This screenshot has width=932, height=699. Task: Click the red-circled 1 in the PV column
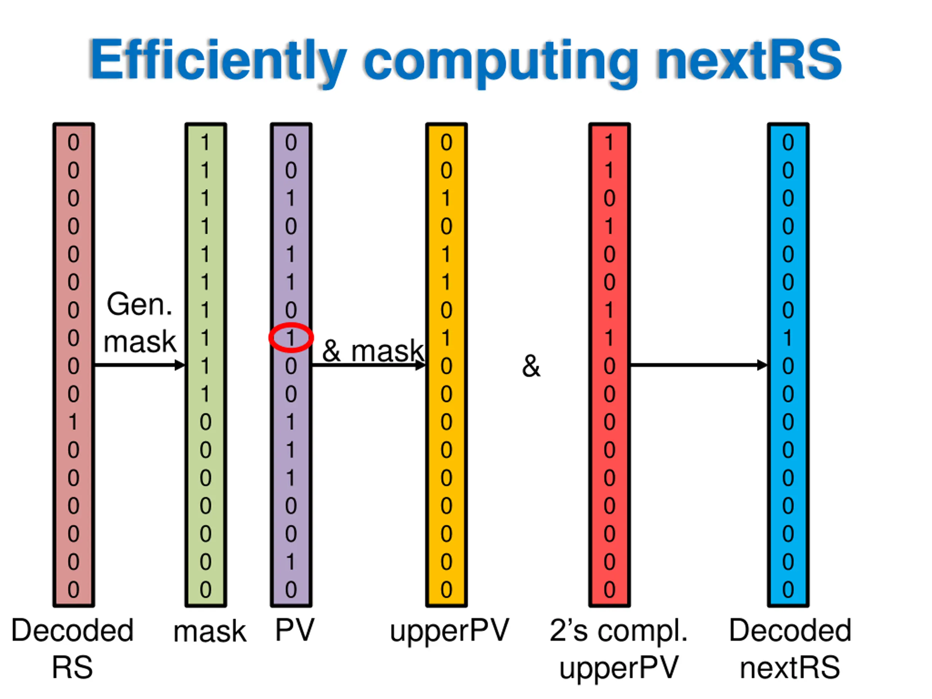tap(291, 337)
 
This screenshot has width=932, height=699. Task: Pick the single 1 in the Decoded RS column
tap(73, 422)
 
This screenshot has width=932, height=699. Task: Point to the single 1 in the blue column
tap(787, 337)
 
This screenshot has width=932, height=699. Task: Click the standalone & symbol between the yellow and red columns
tap(531, 366)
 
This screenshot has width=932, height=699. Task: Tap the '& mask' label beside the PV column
tap(372, 350)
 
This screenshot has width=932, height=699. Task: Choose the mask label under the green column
tap(209, 632)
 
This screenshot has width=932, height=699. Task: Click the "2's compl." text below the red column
tap(618, 631)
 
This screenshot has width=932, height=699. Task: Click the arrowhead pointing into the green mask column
tap(180, 365)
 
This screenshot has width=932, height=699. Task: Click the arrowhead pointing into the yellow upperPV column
tap(420, 365)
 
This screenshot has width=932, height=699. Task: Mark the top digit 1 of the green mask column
tap(205, 142)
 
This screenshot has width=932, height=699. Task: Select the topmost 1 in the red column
tap(609, 142)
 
